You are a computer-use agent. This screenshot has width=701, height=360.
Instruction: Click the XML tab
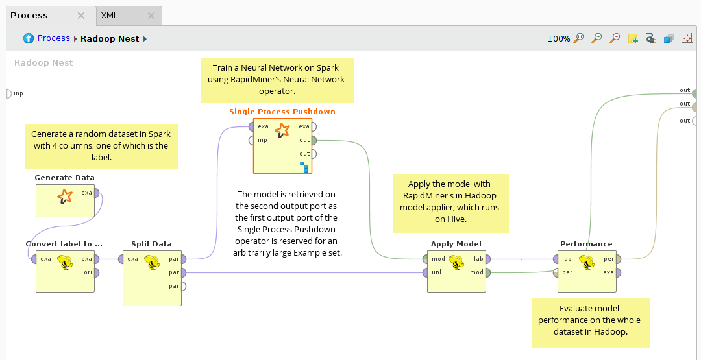click(110, 15)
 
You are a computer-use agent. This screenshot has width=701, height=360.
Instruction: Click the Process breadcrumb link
click(53, 38)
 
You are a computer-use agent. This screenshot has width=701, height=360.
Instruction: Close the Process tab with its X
click(81, 16)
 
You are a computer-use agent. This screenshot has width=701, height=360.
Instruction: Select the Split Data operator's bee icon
click(151, 262)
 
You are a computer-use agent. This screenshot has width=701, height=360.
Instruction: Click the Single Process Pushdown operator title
click(282, 112)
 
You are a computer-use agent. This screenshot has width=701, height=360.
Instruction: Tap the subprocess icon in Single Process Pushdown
click(304, 167)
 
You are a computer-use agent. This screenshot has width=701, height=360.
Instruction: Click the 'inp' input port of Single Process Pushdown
click(251, 140)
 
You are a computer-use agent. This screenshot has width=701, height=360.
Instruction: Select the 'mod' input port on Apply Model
click(425, 259)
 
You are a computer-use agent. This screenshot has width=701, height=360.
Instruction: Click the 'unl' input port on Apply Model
click(425, 272)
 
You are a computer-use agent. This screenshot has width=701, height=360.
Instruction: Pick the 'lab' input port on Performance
click(556, 259)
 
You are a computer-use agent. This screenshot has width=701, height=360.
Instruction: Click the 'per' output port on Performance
click(618, 259)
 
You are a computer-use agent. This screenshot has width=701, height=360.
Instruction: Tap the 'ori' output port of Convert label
click(96, 272)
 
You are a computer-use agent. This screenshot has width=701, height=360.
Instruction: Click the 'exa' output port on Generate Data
click(96, 193)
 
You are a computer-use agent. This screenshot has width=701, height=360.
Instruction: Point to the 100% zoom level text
click(558, 39)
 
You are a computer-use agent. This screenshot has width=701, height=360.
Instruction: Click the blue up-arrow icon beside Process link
click(29, 38)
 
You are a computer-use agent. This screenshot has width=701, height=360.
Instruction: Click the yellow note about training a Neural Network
click(277, 80)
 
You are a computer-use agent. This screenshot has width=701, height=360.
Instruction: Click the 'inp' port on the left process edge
click(8, 93)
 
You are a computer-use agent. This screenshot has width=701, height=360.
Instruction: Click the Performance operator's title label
click(586, 244)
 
